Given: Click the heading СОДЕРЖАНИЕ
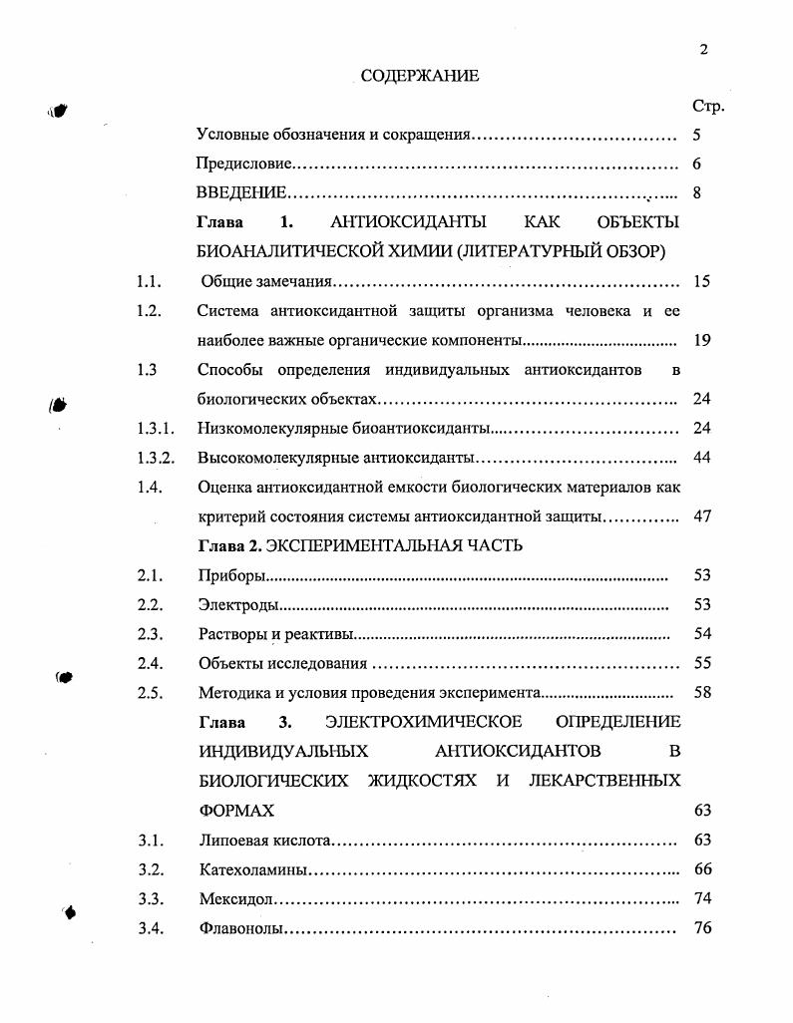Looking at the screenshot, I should coord(419,76).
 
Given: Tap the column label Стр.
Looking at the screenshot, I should coord(707,106).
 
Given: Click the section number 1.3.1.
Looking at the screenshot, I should coord(157,430).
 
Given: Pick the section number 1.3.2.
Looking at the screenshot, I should coord(157,459).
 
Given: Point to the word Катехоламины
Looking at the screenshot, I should coord(252,870).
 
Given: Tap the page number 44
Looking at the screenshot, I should coord(702,459).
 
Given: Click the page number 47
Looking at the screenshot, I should coord(702,517).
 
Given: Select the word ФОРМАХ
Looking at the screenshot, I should coord(236,811).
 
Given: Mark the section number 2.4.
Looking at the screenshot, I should coord(151,664).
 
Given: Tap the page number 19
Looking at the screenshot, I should coord(702,341).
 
